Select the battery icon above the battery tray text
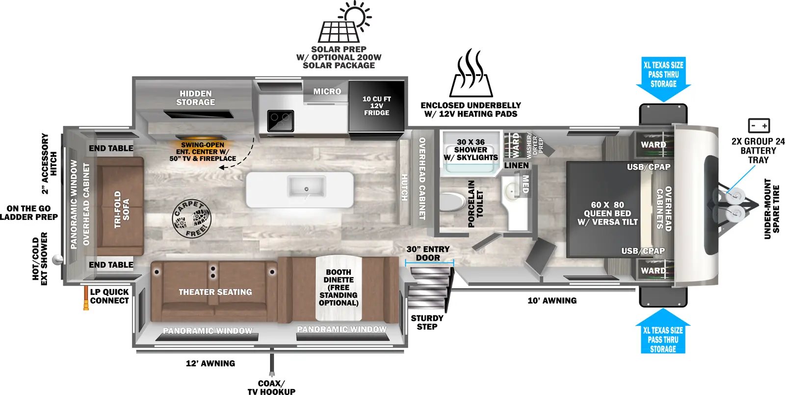pos(759,126)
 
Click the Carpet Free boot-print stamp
pos(192,218)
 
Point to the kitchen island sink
pos(307,187)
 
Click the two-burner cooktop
pos(280,120)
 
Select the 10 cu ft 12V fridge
pos(377,106)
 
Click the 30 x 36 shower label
pos(471,150)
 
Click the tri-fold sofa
pos(120,206)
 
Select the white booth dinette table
pos(339,287)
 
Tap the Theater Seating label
pos(215,292)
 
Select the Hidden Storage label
pos(195,98)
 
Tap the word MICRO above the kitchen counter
pos(327,91)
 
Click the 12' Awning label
pos(210,364)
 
